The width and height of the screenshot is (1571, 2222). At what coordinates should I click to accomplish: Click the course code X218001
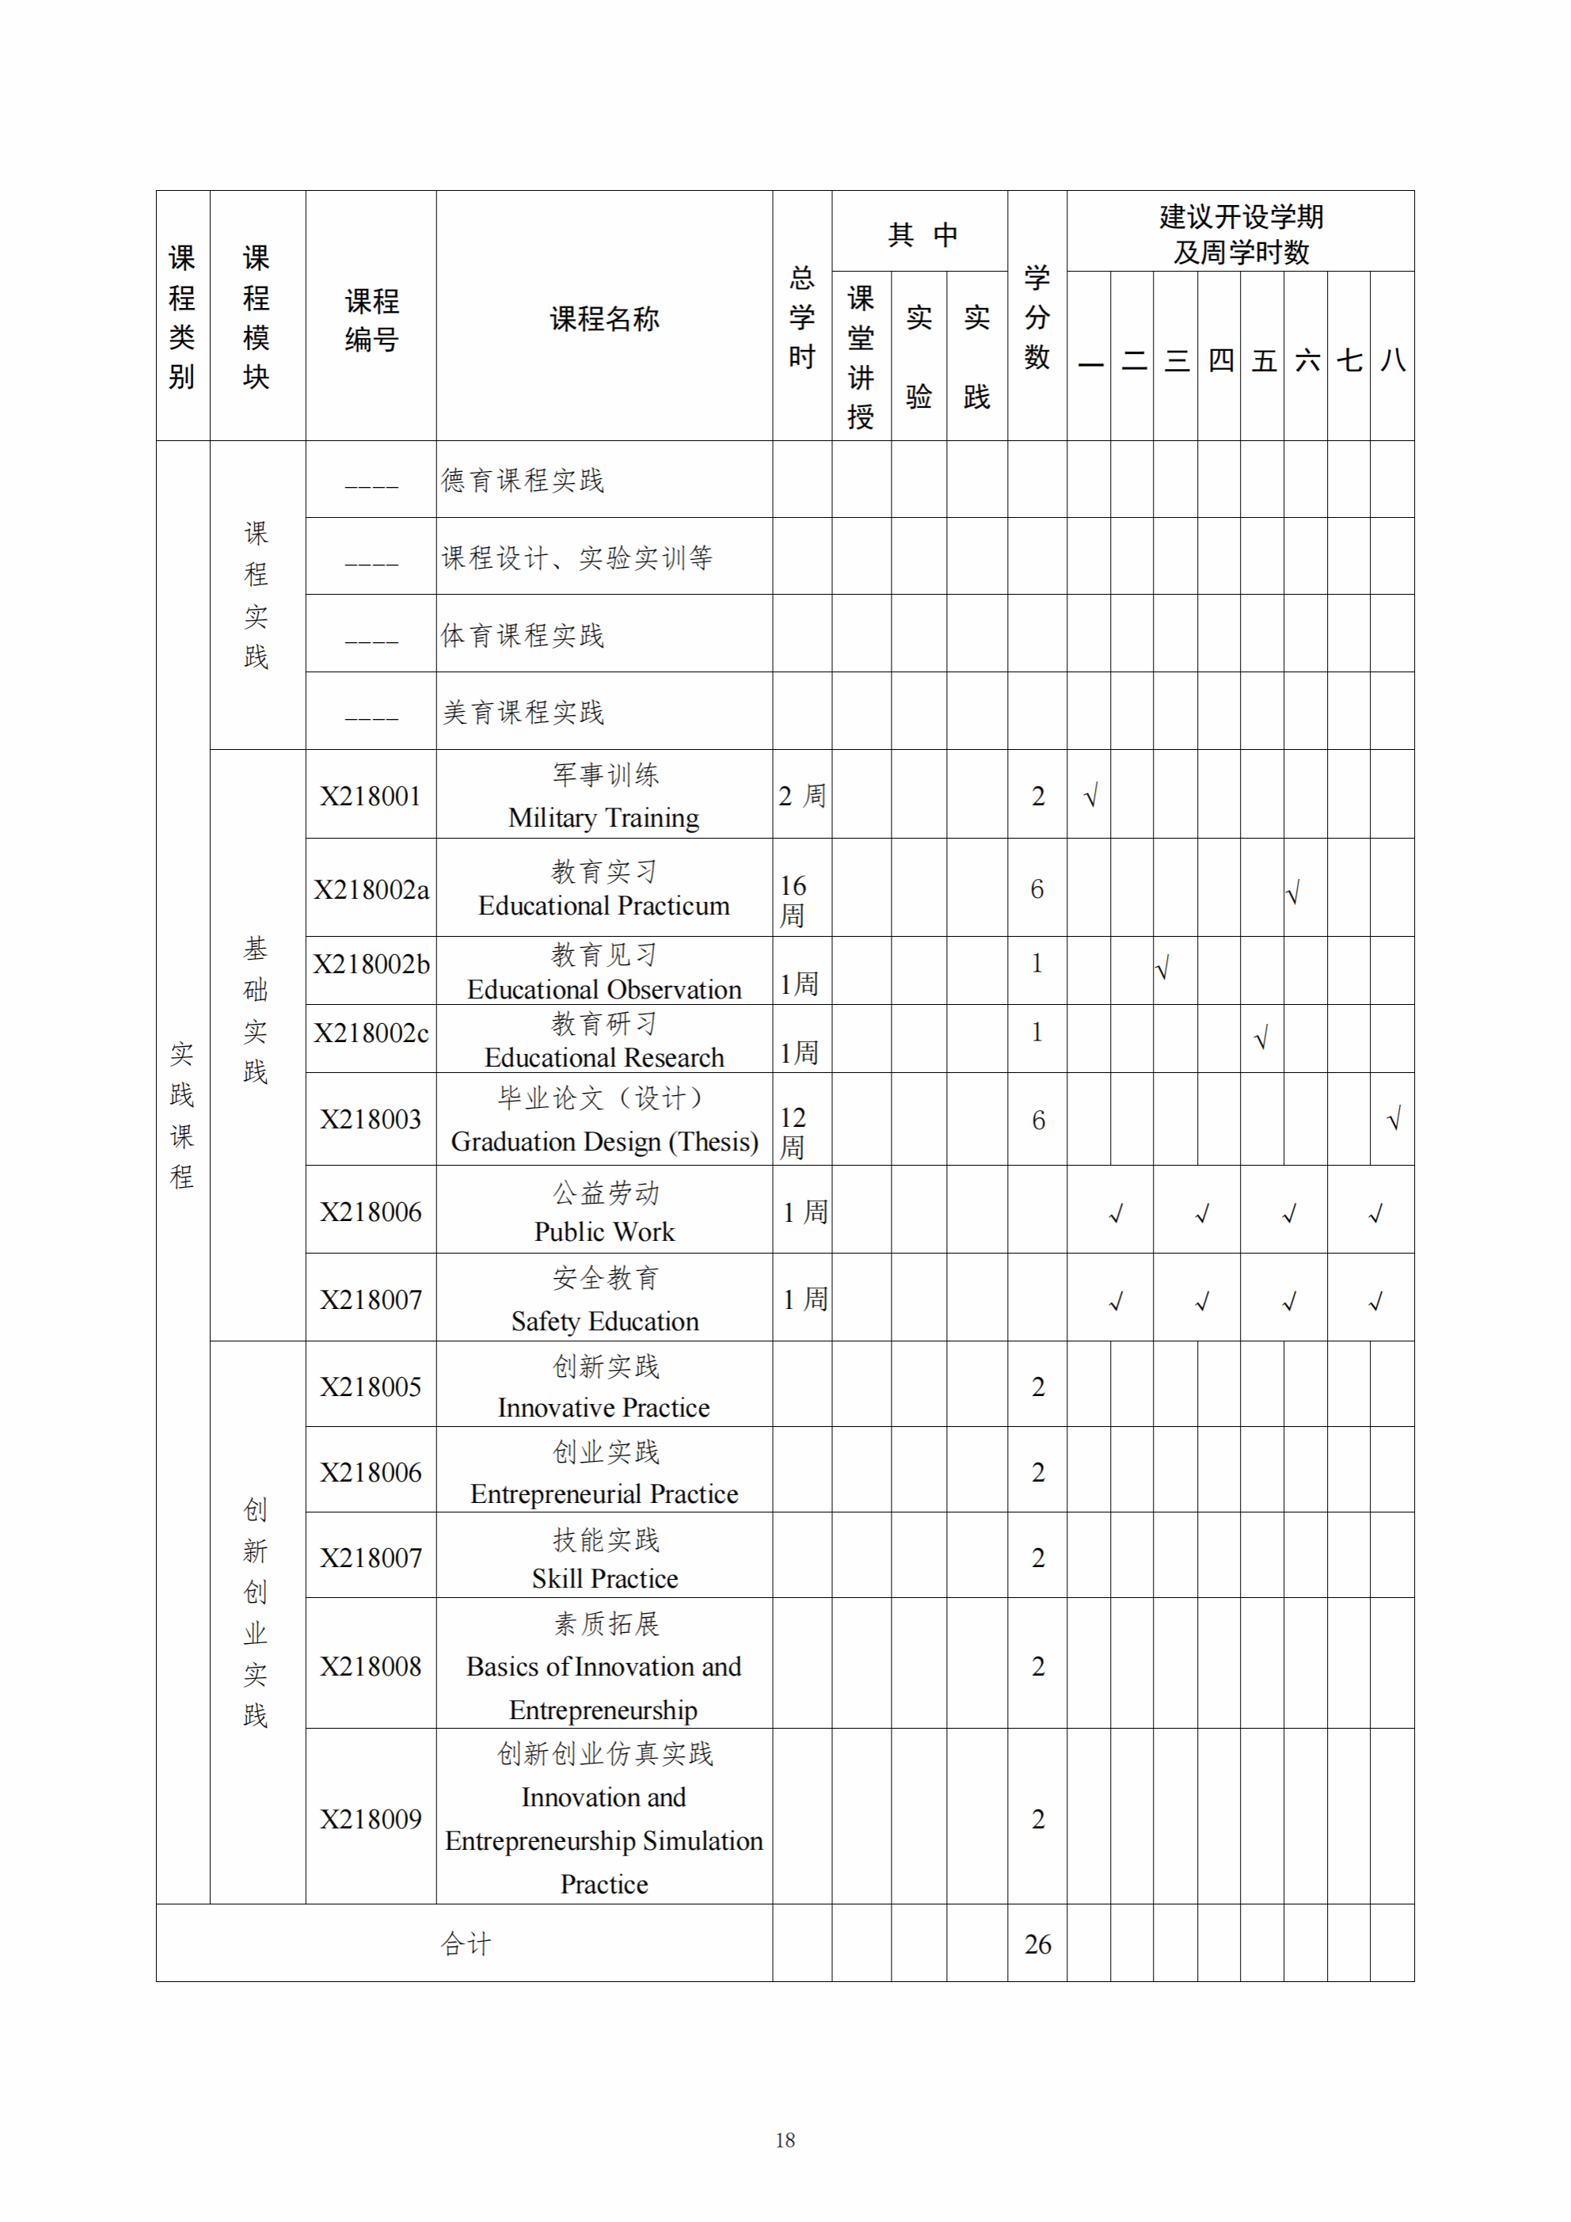point(371,797)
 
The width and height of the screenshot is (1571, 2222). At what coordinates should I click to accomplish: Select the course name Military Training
point(604,818)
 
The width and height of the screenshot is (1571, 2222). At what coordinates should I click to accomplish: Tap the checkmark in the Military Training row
point(1091,797)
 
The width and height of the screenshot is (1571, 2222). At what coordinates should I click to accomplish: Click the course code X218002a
point(371,889)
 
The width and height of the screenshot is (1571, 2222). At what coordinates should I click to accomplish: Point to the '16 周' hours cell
point(793,900)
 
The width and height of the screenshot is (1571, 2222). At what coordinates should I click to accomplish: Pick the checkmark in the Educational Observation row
point(1162,967)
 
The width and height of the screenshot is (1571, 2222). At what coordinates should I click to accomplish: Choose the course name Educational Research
point(604,1057)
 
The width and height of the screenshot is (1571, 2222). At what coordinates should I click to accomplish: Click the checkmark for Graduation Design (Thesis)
point(1394,1120)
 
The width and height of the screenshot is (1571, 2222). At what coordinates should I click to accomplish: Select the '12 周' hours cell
point(793,1132)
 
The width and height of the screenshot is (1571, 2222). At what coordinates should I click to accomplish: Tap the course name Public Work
point(604,1231)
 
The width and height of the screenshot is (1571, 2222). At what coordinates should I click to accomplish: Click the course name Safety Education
point(604,1321)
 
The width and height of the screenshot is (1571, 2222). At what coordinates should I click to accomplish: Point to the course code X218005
point(371,1387)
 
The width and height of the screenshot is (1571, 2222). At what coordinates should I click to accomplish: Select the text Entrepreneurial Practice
point(604,1493)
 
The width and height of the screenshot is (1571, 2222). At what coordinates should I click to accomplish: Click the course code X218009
point(371,1820)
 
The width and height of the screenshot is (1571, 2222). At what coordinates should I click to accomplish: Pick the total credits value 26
point(1037,1944)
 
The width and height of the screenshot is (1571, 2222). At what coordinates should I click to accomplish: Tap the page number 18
point(785,2140)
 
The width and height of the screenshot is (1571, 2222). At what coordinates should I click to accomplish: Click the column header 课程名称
point(604,318)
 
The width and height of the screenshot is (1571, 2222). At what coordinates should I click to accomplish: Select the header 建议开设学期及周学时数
point(1241,234)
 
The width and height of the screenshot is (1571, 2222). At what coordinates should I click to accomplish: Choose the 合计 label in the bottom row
point(466,1943)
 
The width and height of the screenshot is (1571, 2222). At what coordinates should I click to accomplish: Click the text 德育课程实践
point(523,480)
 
